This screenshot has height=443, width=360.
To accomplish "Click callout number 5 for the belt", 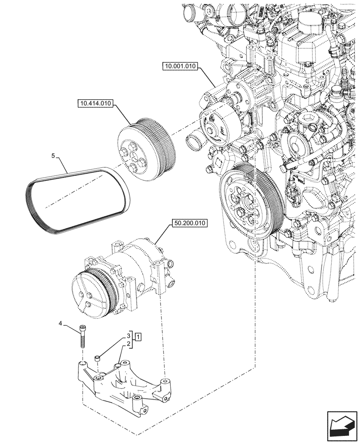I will point(53,156).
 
